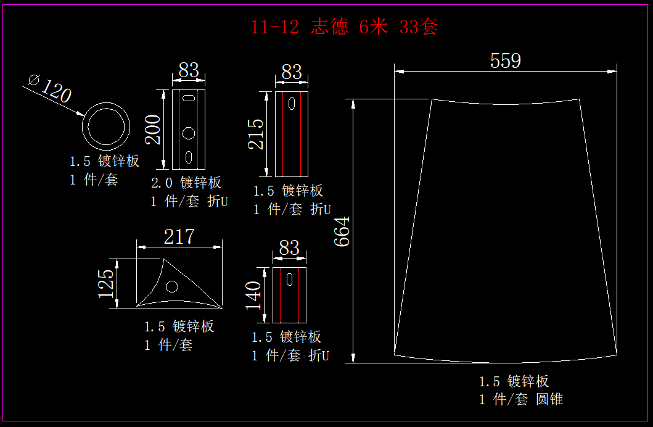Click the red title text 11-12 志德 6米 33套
(344, 27)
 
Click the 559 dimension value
(505, 60)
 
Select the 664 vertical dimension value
(342, 231)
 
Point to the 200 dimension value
(154, 129)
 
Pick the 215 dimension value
(256, 134)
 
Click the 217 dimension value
(179, 236)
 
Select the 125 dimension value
(106, 283)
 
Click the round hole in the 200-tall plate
(189, 132)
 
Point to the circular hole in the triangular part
(172, 286)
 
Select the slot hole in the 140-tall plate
(289, 279)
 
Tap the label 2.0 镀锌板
(186, 183)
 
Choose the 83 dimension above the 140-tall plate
(289, 248)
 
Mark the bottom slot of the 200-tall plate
(189, 157)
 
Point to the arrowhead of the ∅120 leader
(81, 115)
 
